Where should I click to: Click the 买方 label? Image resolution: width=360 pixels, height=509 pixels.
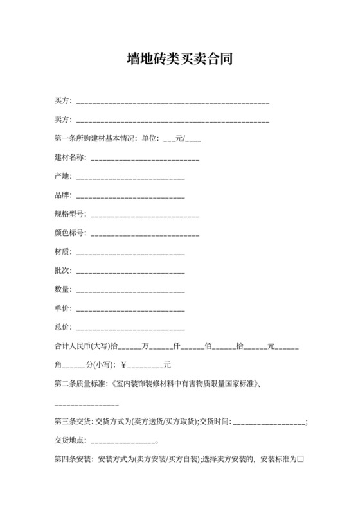63,101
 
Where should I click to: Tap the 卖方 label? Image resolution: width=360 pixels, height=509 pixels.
63,120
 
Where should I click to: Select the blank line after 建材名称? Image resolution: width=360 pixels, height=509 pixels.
145,157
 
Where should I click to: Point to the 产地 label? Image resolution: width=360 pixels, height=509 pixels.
63,176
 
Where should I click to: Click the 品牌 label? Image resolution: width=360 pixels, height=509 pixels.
63,195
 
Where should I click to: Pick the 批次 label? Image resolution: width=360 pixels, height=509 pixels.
63,271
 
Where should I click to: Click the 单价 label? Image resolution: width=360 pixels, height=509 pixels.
63,308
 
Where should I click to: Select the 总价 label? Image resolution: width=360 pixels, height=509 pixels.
63,327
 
